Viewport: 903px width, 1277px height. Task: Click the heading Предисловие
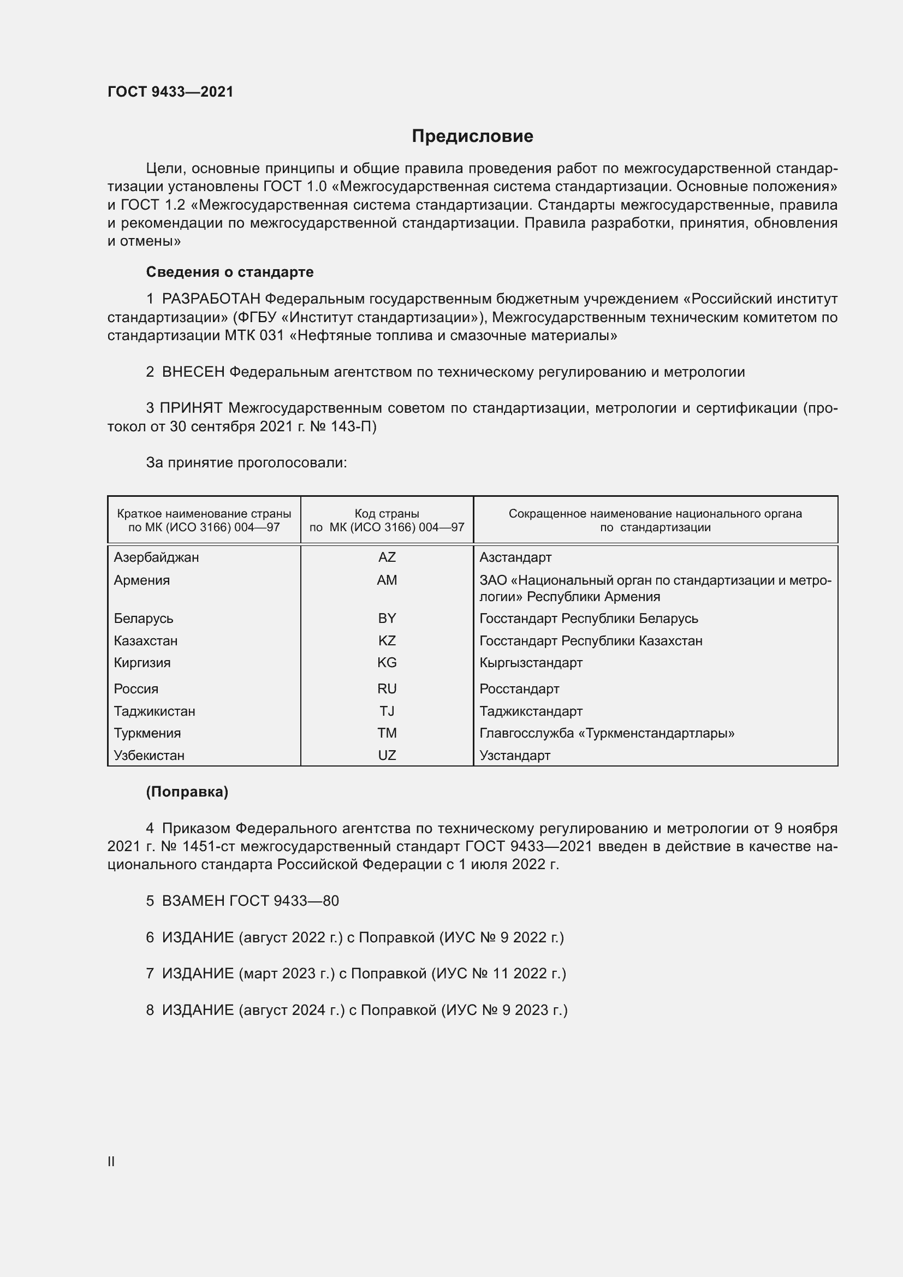pos(472,136)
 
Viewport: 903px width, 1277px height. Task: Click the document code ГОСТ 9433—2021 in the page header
pos(170,92)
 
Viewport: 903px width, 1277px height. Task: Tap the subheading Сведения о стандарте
pos(230,272)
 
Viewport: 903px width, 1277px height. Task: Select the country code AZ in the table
pos(387,557)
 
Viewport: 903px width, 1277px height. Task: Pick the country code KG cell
pos(387,662)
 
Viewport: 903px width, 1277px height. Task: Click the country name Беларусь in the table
pos(144,619)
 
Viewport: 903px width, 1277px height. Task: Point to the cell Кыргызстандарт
pos(531,662)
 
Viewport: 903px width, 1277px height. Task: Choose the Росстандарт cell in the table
pos(519,688)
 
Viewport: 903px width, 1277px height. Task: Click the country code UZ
pos(387,755)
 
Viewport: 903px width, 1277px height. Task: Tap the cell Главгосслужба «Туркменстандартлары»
pos(607,733)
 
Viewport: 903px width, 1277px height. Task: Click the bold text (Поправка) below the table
pos(187,792)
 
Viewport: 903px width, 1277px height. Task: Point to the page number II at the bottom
pos(111,1161)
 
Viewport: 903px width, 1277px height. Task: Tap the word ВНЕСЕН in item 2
pos(193,372)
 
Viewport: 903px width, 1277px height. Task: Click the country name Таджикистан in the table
pos(155,711)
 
